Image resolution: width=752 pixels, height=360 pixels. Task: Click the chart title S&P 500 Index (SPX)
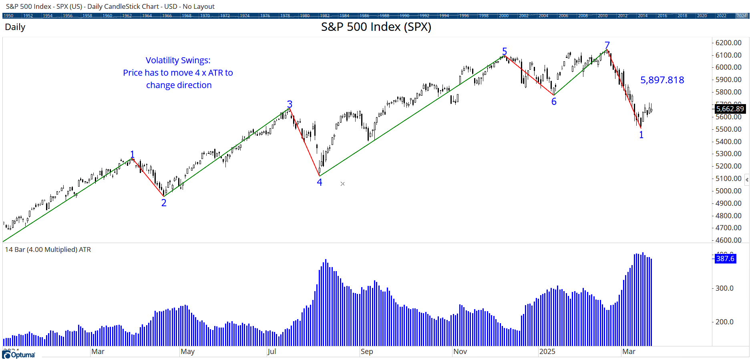(376, 27)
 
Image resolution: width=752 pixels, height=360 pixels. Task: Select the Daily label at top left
(15, 27)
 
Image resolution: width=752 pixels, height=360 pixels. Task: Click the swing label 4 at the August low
(320, 182)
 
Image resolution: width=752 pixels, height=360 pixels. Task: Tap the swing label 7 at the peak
(607, 45)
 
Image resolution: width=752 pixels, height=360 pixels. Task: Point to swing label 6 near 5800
(554, 102)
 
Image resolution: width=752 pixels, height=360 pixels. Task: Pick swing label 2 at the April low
(164, 203)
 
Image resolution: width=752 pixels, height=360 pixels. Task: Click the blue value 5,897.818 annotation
(662, 80)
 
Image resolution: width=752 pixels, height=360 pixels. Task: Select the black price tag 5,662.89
(730, 109)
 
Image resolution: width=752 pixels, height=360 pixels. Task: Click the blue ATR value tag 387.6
(725, 259)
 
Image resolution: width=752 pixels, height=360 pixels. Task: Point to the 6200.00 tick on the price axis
(728, 43)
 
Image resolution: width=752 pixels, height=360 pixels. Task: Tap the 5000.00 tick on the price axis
(728, 191)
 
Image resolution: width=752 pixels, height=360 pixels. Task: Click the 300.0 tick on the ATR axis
(724, 288)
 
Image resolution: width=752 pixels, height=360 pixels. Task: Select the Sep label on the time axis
(366, 352)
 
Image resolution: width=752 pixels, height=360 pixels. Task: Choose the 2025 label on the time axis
(547, 352)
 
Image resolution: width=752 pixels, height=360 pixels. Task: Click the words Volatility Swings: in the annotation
(178, 60)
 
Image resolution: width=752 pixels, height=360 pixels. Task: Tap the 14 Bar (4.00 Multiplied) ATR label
(48, 249)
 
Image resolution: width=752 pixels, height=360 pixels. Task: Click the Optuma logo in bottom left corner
(18, 355)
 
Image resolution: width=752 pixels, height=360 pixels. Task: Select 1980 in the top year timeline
(305, 16)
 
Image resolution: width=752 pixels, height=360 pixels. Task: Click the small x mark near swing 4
(342, 184)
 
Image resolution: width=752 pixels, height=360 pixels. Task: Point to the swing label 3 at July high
(290, 104)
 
